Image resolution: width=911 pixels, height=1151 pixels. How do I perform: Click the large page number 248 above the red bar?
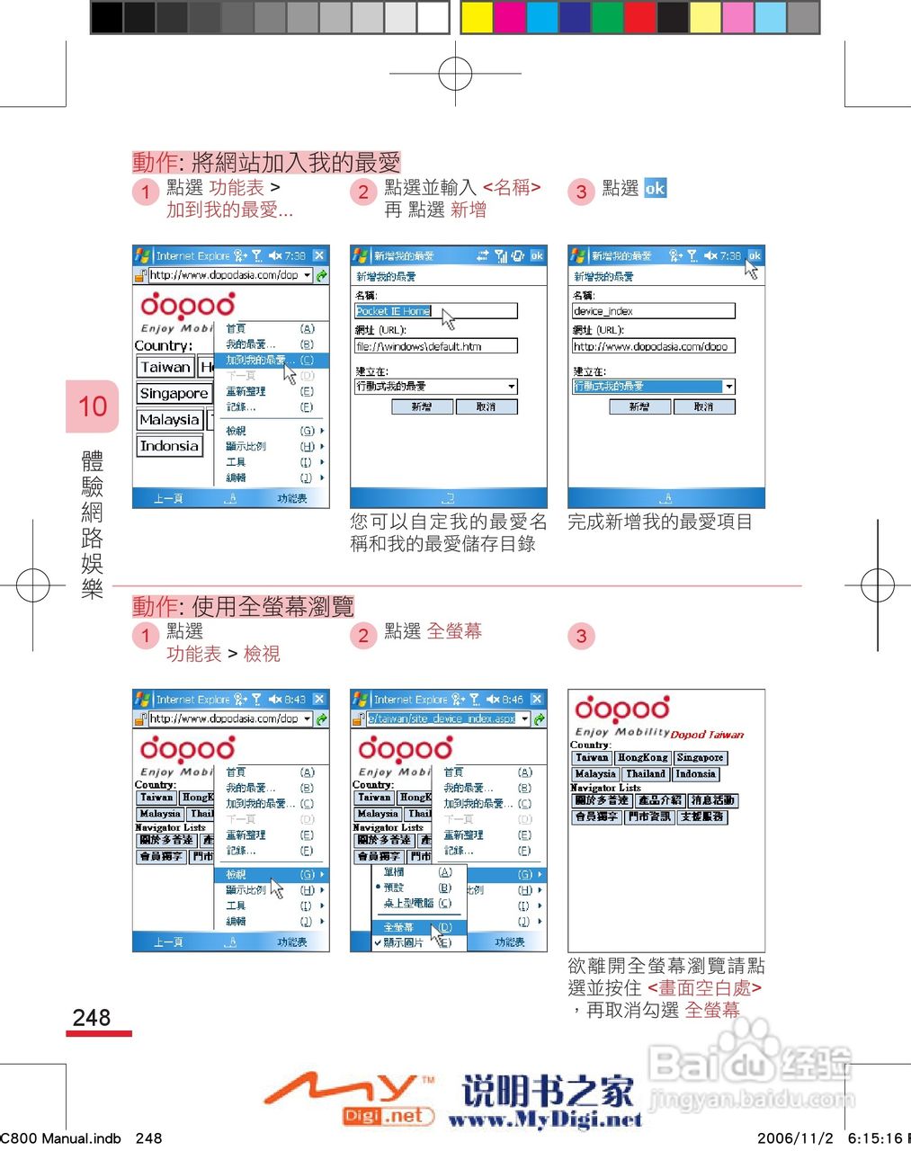click(x=92, y=1017)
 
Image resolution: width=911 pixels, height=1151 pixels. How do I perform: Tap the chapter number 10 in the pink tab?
click(x=92, y=406)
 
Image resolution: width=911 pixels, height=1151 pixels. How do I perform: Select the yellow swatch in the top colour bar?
click(x=477, y=17)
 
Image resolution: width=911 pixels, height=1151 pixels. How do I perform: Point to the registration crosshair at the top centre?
click(x=455, y=73)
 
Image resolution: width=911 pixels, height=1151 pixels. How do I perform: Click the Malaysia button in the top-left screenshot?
click(x=169, y=420)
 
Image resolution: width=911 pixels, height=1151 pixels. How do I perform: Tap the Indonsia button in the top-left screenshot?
click(x=169, y=446)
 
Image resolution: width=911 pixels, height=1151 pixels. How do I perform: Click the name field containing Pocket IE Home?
click(x=436, y=311)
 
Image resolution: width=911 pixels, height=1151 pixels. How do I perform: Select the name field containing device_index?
click(x=653, y=311)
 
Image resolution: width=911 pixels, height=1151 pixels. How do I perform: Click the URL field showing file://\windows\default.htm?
click(x=436, y=346)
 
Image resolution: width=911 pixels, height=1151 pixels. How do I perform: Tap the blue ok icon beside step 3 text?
click(x=656, y=189)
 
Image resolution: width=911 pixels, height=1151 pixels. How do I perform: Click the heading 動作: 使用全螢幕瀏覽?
click(x=243, y=606)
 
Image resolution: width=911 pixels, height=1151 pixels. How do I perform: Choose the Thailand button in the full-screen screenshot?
click(x=646, y=773)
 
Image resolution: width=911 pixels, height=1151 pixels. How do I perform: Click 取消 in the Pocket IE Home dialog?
click(x=487, y=407)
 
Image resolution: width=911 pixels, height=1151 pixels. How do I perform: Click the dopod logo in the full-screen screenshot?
click(x=622, y=709)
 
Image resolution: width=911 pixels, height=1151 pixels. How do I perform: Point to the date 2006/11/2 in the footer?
click(x=795, y=1138)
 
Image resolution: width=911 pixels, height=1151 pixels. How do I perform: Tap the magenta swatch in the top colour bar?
click(x=509, y=17)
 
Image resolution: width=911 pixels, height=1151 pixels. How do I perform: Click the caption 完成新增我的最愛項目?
click(x=660, y=522)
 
